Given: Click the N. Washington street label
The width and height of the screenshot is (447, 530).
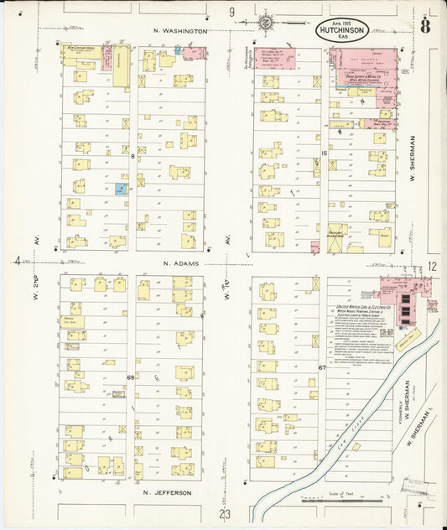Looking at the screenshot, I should [180, 30].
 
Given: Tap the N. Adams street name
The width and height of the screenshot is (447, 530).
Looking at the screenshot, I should [179, 262].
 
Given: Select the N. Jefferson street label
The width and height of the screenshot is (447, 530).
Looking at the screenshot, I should [168, 492].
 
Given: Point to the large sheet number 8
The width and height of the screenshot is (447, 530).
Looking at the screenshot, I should [429, 26].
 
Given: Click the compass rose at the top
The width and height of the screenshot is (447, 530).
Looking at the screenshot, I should [266, 22].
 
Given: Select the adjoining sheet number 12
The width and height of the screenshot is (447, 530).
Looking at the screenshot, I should [433, 266].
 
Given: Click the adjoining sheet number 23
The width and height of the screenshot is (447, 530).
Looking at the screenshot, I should [225, 513].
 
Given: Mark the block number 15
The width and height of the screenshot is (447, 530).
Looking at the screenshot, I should [323, 153].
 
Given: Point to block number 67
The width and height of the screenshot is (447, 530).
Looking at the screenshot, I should [322, 368].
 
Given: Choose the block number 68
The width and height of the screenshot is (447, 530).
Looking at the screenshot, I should [130, 377].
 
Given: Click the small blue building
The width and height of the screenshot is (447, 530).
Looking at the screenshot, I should [121, 190].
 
